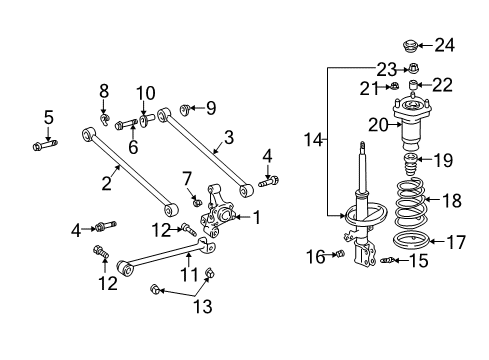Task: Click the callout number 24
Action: pos(444,44)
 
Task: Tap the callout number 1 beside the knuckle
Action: pos(257,217)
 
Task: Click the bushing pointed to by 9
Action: pos(185,108)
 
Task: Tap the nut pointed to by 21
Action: pos(393,88)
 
